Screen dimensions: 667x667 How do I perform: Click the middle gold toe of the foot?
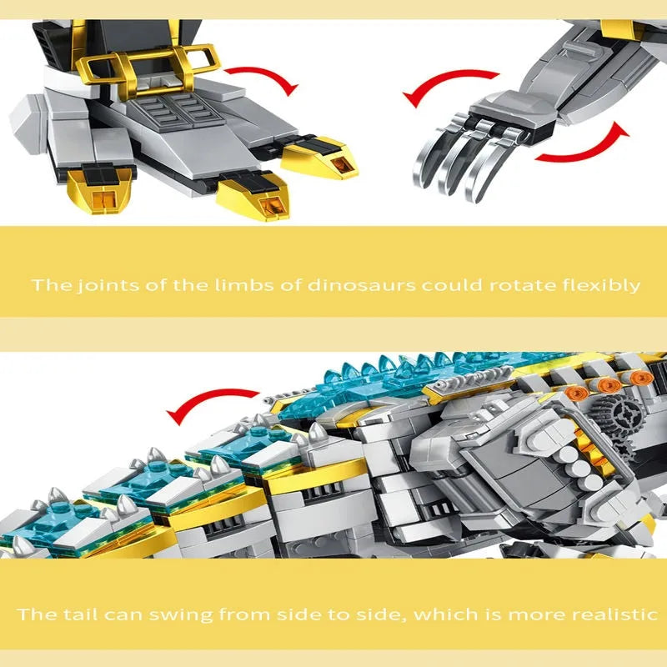pos(254,197)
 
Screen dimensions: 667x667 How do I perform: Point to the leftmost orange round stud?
pos(577,393)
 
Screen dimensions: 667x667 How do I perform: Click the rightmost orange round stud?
pos(641,378)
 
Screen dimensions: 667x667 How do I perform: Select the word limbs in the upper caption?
pos(243,285)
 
